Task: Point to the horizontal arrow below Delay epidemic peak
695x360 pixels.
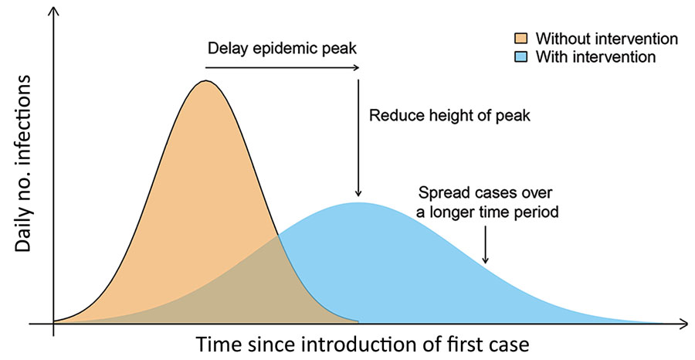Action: [282, 68]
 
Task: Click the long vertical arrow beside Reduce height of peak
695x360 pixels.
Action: [358, 135]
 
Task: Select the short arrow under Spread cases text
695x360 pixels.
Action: [485, 247]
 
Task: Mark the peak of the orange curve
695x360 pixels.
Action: [205, 81]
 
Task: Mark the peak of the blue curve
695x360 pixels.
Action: [357, 203]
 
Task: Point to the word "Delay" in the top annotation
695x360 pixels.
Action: [225, 49]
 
